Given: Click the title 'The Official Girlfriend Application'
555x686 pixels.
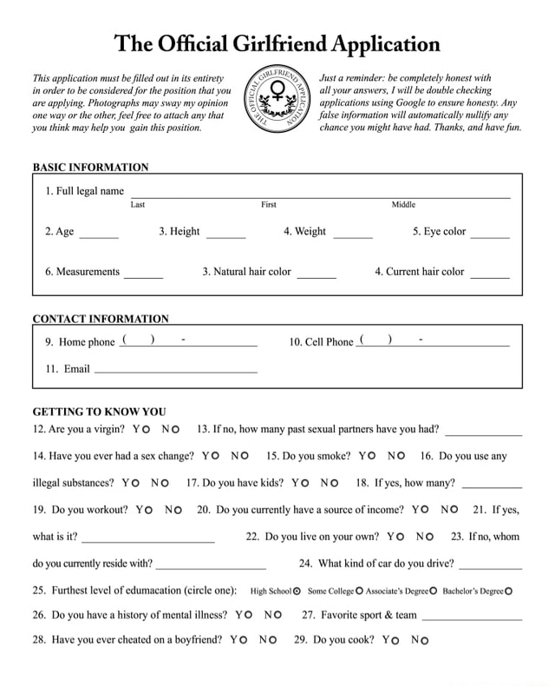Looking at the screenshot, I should (x=277, y=43).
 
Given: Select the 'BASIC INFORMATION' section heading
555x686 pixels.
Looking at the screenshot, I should (x=90, y=167).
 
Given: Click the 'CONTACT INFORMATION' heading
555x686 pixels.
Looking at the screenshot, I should (x=101, y=319).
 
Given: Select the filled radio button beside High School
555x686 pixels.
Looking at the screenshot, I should (x=297, y=591).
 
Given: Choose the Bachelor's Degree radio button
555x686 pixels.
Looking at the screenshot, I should (x=508, y=591).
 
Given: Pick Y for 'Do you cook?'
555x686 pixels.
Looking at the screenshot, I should (x=395, y=641).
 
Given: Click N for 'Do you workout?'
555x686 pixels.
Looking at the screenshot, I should (x=178, y=510).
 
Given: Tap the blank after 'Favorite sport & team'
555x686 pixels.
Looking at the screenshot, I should (x=471, y=617).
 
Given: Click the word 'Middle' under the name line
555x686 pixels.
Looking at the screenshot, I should (x=403, y=205).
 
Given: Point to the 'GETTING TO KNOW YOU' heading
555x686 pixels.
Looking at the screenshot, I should (x=99, y=412).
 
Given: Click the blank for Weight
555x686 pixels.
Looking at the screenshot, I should (x=353, y=234).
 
